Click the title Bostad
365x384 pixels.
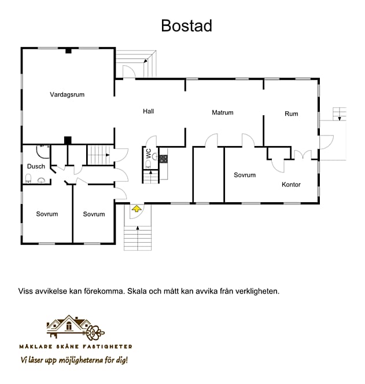pos(186,26)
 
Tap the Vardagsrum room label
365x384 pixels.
pos(67,94)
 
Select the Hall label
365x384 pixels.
pos(149,111)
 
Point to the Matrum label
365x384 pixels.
pos(222,112)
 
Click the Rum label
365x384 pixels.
pos(291,114)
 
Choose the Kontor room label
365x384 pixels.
pos(291,185)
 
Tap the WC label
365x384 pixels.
pos(149,154)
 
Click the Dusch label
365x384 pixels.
pos(36,167)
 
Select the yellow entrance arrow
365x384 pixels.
pos(137,209)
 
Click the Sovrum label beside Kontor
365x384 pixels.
pos(245,175)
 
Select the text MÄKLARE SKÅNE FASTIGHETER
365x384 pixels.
pos(75,346)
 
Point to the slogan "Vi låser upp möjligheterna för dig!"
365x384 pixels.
pos(74,360)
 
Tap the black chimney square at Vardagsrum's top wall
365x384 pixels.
pos(68,50)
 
